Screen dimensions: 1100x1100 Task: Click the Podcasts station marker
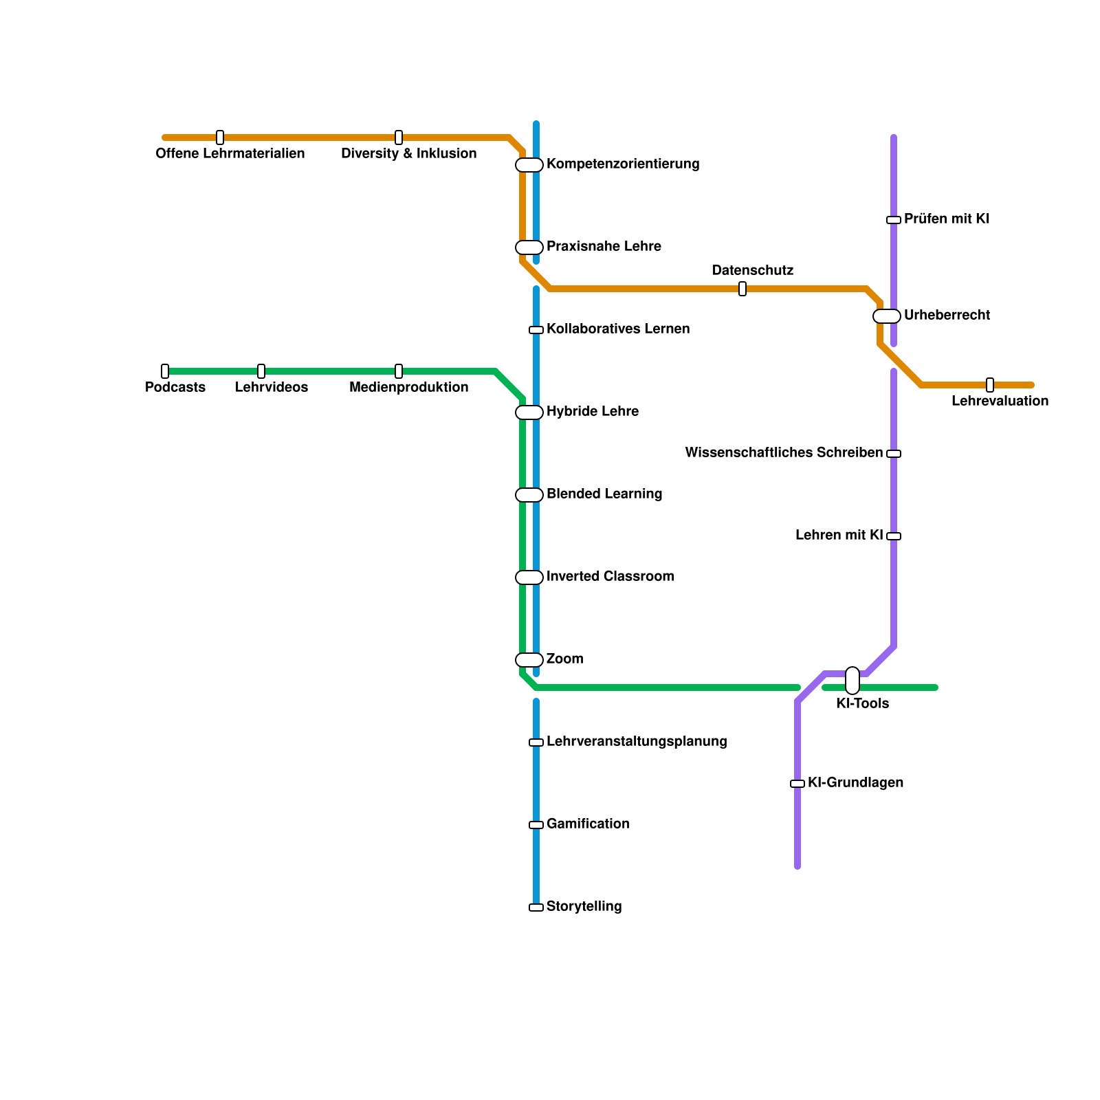(165, 371)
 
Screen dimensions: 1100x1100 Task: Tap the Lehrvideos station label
(272, 388)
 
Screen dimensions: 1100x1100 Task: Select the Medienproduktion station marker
(399, 371)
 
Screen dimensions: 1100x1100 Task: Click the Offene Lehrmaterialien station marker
(220, 137)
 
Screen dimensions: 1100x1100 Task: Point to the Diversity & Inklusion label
(409, 154)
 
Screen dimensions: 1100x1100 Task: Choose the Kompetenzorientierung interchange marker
(529, 165)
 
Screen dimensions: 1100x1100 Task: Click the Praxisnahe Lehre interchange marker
(529, 247)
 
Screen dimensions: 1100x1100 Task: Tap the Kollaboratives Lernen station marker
(536, 330)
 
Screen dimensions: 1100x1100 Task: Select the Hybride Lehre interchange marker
(529, 412)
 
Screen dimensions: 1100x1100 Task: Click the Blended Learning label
(604, 494)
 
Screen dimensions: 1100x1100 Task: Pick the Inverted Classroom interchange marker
(529, 577)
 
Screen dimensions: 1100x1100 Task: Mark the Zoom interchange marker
(529, 660)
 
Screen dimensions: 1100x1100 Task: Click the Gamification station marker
(536, 825)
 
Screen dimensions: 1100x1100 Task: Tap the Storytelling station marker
(536, 907)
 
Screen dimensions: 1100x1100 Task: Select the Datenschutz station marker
(742, 289)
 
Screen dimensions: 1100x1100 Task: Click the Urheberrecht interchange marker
(887, 316)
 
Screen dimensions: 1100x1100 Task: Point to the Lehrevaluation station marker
(990, 385)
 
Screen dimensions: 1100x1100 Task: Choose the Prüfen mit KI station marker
(894, 220)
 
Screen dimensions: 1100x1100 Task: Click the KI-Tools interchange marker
(852, 681)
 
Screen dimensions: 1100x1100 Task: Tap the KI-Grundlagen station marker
(797, 784)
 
